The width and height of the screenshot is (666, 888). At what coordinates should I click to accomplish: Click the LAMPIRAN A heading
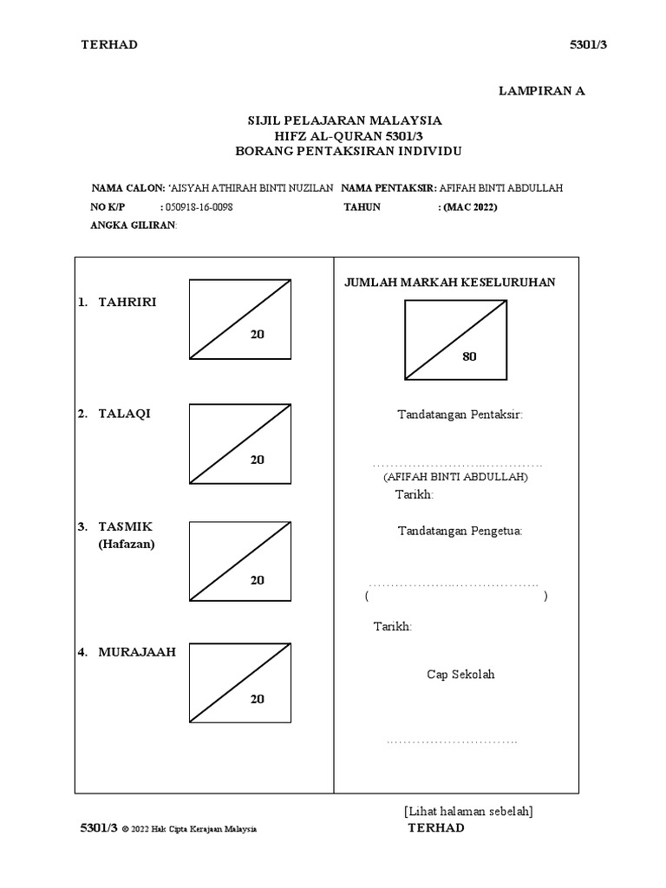542,91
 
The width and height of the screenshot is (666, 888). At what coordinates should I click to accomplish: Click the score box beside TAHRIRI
239,318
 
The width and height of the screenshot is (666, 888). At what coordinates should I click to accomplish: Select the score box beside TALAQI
239,444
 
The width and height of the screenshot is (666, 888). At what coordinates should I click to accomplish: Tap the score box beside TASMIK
239,561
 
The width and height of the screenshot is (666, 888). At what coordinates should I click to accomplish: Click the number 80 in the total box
470,356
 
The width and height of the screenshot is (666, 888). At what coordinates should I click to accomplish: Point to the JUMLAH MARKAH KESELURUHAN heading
450,282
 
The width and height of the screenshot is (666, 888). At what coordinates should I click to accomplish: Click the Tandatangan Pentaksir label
460,415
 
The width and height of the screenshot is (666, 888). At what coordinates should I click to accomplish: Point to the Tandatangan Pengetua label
460,531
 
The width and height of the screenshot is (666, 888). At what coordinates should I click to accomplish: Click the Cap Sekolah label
460,675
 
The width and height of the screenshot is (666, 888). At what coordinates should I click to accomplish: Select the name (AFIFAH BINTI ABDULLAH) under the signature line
455,478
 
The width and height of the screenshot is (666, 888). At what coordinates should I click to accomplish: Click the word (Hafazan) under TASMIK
127,545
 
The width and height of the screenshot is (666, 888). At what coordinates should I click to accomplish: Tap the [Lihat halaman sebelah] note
468,811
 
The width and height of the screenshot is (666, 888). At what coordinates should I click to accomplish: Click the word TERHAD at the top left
109,45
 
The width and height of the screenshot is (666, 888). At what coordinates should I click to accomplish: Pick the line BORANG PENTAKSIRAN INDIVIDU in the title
349,151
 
